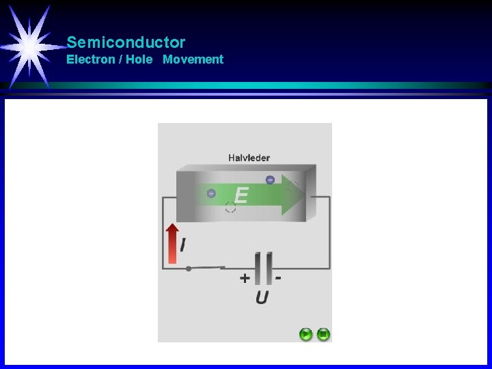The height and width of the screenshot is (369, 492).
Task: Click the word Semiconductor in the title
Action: pos(126,42)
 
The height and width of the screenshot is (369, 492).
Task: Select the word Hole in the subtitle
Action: pos(139,59)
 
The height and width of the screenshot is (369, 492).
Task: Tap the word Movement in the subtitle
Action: pos(193,59)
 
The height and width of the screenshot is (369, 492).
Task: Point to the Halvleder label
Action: pos(249,158)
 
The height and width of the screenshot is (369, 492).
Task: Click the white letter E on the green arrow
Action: pos(240,196)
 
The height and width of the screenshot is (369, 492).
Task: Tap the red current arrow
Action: pos(173,243)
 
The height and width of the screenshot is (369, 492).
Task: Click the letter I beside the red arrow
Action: pos(184,245)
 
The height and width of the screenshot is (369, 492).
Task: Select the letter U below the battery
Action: pos(262,297)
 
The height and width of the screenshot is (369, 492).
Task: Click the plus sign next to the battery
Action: pos(245,278)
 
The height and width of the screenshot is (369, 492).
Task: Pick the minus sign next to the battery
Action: pos(278,278)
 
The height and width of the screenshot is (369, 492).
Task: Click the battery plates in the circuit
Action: pos(262,268)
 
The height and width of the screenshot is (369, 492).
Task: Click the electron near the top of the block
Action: pos(270,180)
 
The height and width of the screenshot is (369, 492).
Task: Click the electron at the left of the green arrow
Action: pos(211,193)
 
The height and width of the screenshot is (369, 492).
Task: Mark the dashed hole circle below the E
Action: pos(230,207)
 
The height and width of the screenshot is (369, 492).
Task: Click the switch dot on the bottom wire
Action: pos(189,269)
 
